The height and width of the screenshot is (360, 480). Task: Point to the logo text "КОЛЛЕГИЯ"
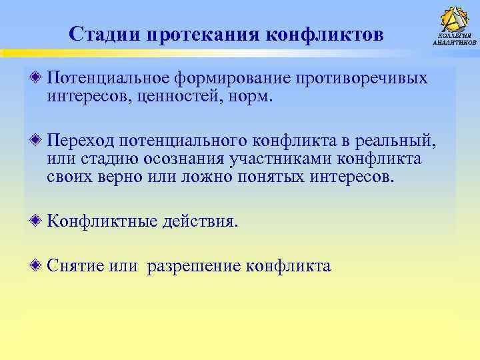pyautogui.click(x=455, y=35)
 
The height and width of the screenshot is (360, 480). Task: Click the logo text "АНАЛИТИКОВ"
pyautogui.click(x=455, y=43)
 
